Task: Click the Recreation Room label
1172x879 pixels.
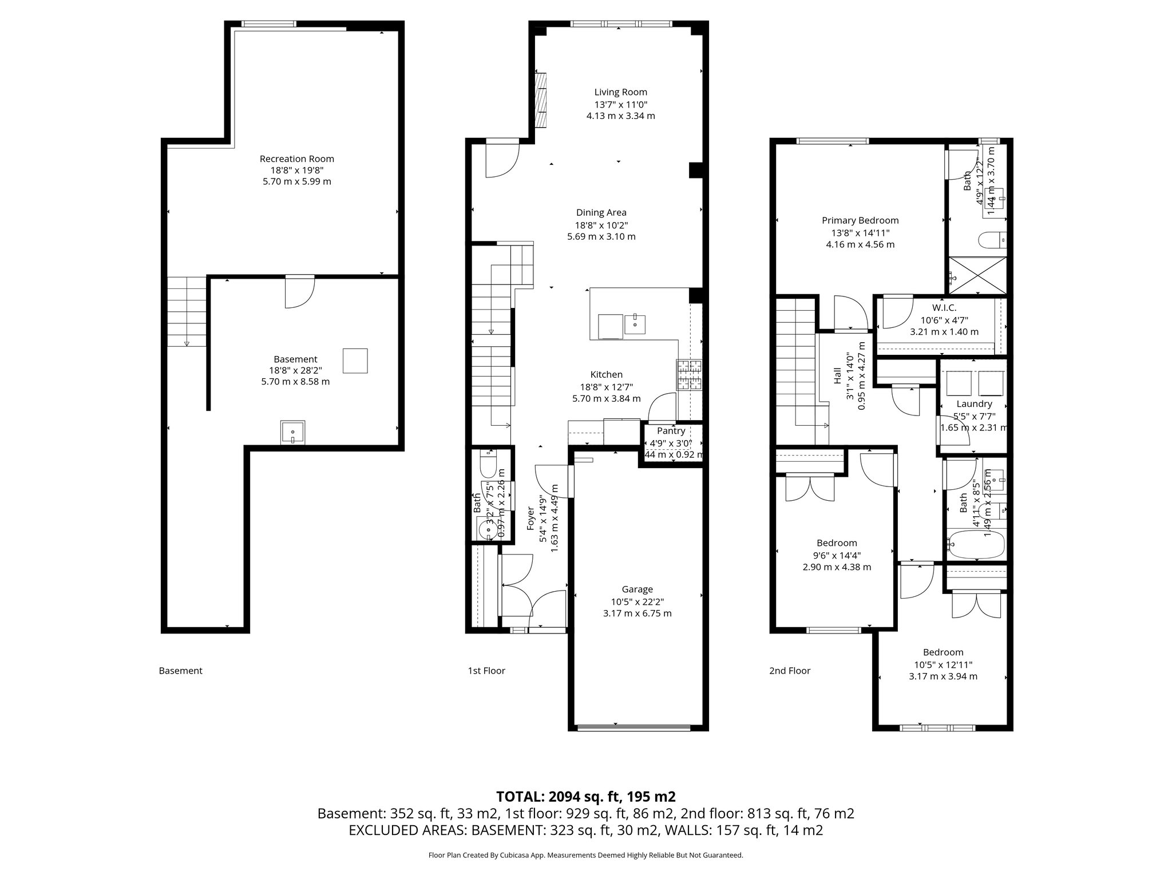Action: click(x=296, y=159)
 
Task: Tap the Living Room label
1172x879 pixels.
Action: click(x=620, y=92)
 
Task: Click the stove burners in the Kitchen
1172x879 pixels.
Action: click(x=690, y=375)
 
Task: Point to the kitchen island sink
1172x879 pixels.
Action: click(x=635, y=324)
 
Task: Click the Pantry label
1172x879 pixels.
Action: click(x=671, y=431)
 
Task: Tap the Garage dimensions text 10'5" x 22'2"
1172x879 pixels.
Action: click(x=637, y=601)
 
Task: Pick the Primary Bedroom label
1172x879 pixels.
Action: click(x=860, y=220)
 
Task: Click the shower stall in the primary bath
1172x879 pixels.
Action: click(x=977, y=276)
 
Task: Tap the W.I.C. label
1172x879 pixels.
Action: click(x=944, y=308)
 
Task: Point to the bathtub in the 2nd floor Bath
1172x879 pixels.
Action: click(x=976, y=545)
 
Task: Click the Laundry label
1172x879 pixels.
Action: click(x=973, y=404)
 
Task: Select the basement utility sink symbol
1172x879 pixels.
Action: click(x=293, y=432)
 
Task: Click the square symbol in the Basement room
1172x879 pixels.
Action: click(x=355, y=361)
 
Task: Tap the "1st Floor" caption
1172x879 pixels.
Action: click(x=486, y=671)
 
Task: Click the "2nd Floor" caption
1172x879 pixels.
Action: click(x=789, y=671)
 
